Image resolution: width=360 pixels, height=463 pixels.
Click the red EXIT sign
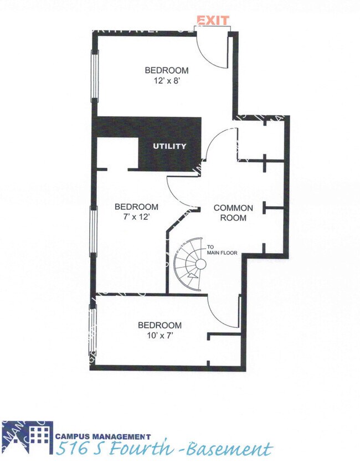pos(213,20)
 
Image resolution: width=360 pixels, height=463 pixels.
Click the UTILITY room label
pos(169,147)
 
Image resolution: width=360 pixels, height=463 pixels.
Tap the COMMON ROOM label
pos(233,213)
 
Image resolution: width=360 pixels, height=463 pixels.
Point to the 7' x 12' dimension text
pos(136,217)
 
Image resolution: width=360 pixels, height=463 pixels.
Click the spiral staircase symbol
pos(191,265)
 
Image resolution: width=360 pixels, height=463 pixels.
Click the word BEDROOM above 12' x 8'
pos(166,70)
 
